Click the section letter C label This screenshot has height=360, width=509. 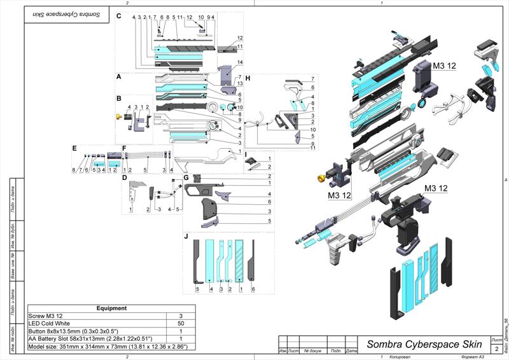coord(118,17)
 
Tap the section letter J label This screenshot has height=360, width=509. coord(186,237)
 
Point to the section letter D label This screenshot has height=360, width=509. coord(125,178)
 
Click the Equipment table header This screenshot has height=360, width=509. coord(111,308)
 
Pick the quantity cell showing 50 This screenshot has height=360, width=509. coord(181,324)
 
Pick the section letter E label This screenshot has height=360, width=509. coord(74,148)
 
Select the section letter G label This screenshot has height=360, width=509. coord(186,178)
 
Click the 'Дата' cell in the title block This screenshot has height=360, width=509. coord(351,350)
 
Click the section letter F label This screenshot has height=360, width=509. coord(125,148)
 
